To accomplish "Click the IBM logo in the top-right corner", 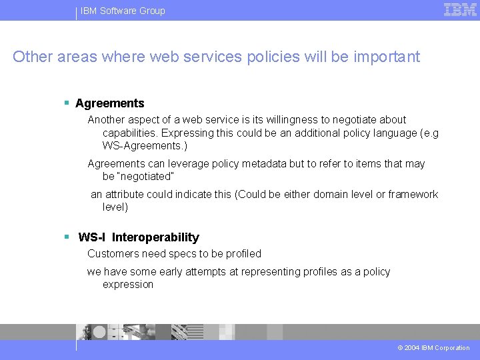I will (x=460, y=10).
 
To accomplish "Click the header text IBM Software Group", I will (x=123, y=11).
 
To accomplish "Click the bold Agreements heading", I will (x=110, y=103).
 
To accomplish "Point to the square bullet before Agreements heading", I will (x=67, y=103).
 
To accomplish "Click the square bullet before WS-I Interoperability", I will (x=67, y=237).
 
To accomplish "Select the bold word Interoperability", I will (x=155, y=237).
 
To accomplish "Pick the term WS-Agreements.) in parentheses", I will (x=145, y=145).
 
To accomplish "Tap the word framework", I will (x=413, y=195).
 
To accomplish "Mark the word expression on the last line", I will (x=128, y=285).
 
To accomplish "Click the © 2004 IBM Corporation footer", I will (x=433, y=348).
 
